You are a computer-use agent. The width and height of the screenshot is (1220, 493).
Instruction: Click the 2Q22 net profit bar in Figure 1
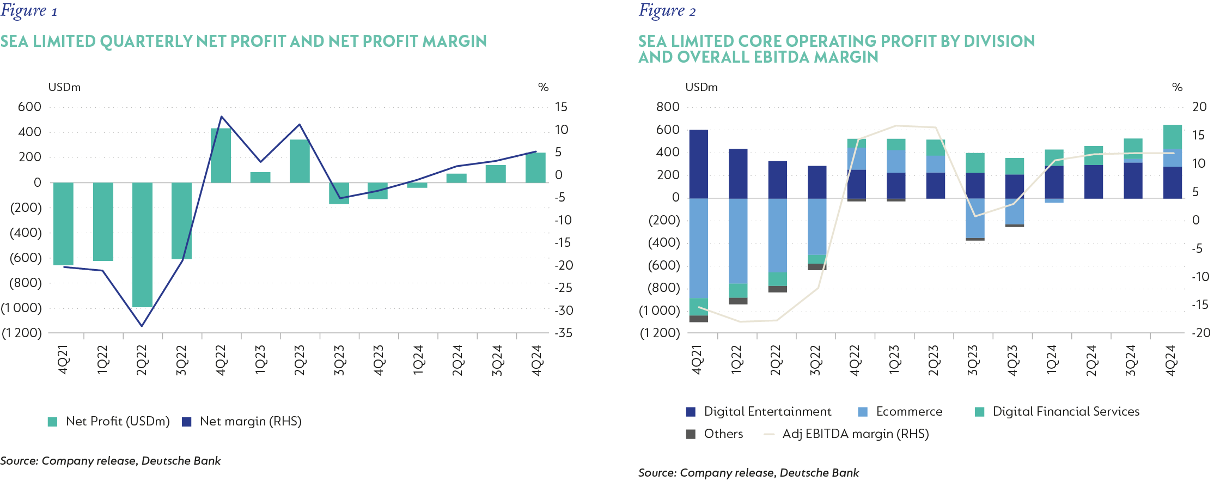(x=142, y=245)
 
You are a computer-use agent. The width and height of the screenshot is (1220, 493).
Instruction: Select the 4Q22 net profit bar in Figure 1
(x=221, y=155)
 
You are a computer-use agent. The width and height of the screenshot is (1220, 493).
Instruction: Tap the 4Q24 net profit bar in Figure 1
(x=535, y=168)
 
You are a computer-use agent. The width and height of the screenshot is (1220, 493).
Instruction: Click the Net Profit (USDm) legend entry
(x=109, y=421)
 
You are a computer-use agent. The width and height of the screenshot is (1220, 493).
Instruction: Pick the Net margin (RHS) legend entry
(x=242, y=421)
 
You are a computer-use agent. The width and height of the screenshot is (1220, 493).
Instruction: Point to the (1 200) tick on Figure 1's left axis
(x=22, y=333)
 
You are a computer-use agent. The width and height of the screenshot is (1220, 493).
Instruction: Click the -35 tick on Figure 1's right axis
(x=563, y=333)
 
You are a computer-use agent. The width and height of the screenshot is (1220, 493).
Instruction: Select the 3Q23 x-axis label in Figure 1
(x=339, y=360)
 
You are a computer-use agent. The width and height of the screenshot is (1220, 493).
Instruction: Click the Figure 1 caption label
(x=29, y=11)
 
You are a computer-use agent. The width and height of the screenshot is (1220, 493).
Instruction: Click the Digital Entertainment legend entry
(x=759, y=411)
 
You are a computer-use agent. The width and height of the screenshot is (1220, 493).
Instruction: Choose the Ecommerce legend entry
(x=900, y=411)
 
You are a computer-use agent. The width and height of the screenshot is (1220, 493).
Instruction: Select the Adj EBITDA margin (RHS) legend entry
(x=847, y=434)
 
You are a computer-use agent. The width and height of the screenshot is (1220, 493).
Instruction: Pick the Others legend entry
(x=715, y=434)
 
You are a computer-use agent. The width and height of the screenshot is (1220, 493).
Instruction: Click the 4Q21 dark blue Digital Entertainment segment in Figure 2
(x=698, y=164)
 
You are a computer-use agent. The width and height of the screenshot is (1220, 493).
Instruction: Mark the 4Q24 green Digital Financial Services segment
(x=1172, y=137)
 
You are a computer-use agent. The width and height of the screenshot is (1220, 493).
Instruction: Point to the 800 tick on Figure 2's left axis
(x=668, y=107)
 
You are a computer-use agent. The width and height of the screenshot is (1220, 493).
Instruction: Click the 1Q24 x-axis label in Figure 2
(x=1052, y=360)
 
